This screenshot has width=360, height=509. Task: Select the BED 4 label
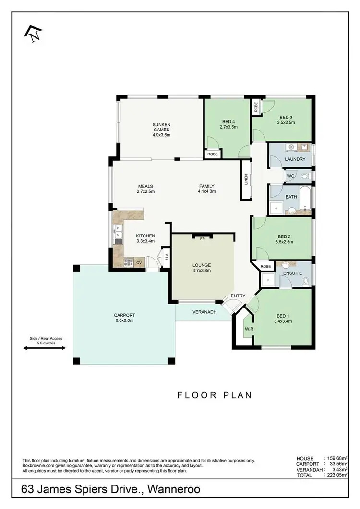229,121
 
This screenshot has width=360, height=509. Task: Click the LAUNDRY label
295,159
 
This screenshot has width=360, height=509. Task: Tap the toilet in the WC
305,176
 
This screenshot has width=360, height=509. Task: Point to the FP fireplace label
203,238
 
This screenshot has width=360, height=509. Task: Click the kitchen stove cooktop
128,262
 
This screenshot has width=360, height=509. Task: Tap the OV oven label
139,263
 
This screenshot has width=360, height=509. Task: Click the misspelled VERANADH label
204,312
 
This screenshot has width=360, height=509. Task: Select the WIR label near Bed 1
249,330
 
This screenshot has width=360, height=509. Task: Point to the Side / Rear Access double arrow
44,349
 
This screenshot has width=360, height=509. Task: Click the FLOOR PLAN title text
215,395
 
